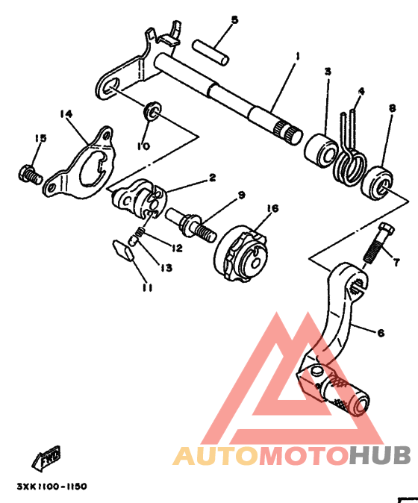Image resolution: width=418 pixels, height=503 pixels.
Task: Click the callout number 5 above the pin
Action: coord(235,20)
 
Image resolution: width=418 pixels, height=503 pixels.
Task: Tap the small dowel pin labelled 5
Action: coord(210,52)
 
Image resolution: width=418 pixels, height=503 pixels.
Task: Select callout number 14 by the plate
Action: coord(66,114)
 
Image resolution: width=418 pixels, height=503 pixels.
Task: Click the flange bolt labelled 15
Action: coord(30,174)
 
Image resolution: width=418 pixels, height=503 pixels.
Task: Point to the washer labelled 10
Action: coord(152,110)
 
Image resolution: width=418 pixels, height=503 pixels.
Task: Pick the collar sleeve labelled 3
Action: coord(321,150)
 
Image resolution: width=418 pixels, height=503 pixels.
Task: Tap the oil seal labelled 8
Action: coord(377,183)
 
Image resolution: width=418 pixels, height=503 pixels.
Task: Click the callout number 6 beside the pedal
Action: coord(381,333)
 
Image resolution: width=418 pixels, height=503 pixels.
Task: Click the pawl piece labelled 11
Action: coord(123,250)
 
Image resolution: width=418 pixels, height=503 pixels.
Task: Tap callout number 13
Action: coord(166,267)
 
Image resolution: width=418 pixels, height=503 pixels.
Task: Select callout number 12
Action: coord(177,248)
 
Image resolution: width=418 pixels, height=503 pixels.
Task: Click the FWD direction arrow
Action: coord(46,457)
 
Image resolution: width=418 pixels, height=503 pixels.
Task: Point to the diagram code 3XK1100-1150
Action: coord(52,487)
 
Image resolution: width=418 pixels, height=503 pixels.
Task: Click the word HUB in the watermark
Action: coord(380,456)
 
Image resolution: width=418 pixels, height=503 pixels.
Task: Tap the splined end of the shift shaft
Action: coord(288,131)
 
